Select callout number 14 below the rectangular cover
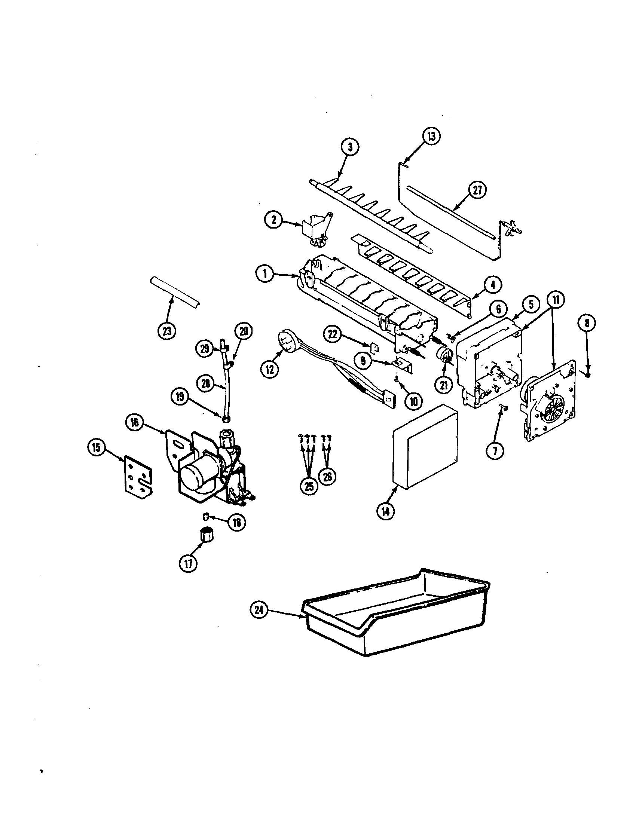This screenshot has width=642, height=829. pyautogui.click(x=385, y=511)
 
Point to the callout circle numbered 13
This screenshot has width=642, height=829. pyautogui.click(x=431, y=136)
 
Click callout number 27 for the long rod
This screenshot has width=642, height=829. pyautogui.click(x=477, y=190)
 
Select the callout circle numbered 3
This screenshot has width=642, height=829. pyautogui.click(x=350, y=147)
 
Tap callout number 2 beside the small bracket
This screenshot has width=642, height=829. pyautogui.click(x=274, y=220)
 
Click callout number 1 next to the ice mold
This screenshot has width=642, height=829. pyautogui.click(x=265, y=274)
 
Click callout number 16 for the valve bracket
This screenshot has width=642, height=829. pyautogui.click(x=135, y=422)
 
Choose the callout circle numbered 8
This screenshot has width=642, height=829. pyautogui.click(x=587, y=323)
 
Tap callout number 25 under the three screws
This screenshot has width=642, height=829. pyautogui.click(x=309, y=486)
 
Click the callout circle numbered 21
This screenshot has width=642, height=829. pyautogui.click(x=444, y=386)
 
